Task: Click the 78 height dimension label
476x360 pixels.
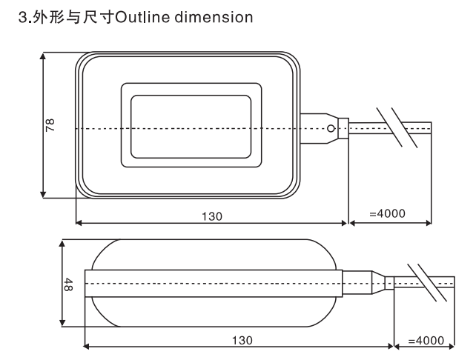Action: pos(50,125)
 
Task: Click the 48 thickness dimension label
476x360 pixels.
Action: pos(68,284)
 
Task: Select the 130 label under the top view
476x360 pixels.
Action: pos(212,216)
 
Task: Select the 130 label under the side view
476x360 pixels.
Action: pos(242,340)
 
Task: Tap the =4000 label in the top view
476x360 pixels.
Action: pos(387,213)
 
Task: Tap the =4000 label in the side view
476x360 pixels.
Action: pos(426,340)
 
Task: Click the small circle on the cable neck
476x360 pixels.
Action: pos(331,129)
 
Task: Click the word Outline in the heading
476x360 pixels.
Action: pos(142,17)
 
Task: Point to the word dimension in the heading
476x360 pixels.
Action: pos(214,17)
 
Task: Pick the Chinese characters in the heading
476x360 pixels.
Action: pos(73,17)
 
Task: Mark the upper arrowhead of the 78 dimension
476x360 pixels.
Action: pos(43,56)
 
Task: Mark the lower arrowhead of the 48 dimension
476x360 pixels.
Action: pos(62,323)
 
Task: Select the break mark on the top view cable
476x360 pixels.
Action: pos(397,127)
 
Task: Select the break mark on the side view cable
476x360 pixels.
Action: pos(427,282)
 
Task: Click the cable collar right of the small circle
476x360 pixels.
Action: pos(343,128)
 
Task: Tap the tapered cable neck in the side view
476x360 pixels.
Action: pos(379,282)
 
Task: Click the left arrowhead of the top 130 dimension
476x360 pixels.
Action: pos(79,223)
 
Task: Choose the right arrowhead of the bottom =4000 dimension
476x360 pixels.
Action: pos(451,346)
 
